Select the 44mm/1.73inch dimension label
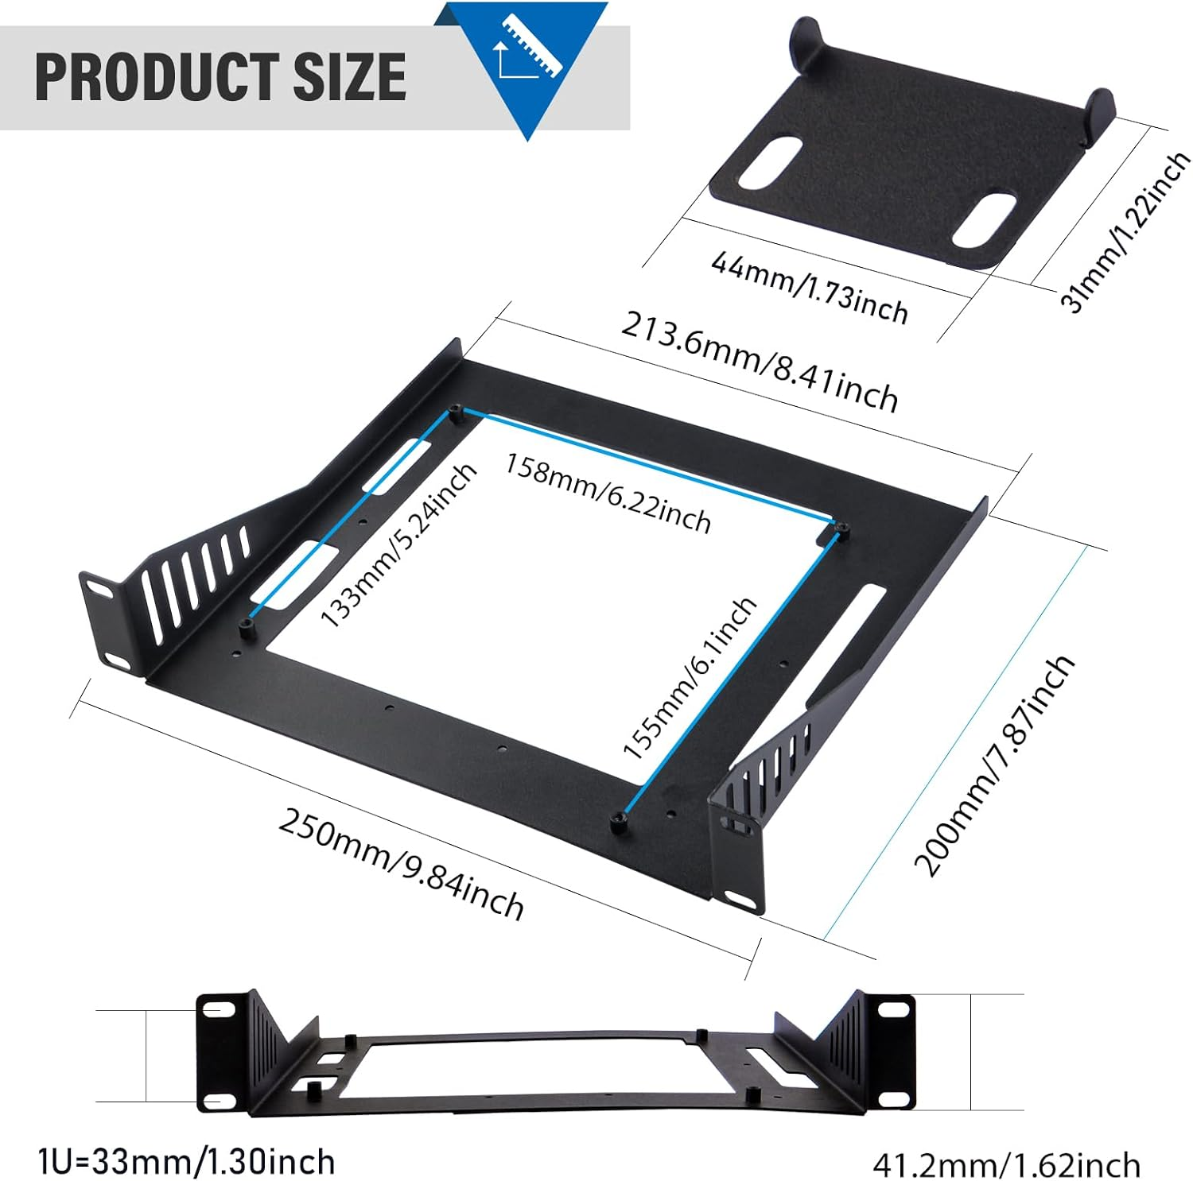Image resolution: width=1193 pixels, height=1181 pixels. (x=809, y=287)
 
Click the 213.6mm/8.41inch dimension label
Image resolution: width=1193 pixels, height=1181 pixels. (x=760, y=362)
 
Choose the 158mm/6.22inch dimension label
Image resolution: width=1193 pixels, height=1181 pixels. (x=608, y=493)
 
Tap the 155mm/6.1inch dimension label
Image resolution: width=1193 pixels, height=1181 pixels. (x=689, y=678)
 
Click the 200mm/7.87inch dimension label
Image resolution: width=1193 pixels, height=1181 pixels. (x=994, y=766)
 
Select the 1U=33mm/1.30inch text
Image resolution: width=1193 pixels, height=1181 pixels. (x=186, y=1162)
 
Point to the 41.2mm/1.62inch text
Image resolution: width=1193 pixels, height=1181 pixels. (x=1006, y=1165)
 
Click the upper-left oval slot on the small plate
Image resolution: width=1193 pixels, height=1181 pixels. (x=770, y=162)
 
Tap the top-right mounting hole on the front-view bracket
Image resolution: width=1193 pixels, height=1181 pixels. (x=894, y=1009)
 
